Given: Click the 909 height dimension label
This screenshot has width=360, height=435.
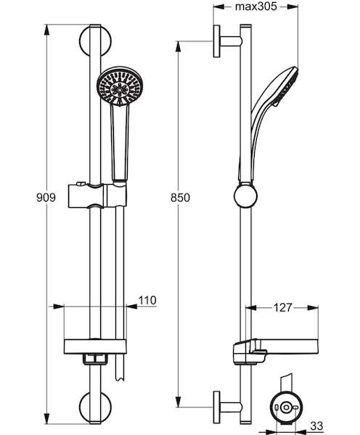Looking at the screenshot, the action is point(46,197).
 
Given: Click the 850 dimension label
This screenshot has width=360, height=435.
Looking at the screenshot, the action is point(180,197).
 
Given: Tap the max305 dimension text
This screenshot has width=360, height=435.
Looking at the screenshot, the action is point(255,7).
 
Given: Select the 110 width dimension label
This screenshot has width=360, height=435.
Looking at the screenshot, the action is point(147,300).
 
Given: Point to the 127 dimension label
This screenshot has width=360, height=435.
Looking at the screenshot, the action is point(283,307).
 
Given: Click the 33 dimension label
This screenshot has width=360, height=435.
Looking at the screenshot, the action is point(316,426).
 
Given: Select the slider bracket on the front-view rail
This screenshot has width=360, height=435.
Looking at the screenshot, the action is point(97,196).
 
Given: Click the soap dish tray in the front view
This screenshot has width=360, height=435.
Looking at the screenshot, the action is point(95,347).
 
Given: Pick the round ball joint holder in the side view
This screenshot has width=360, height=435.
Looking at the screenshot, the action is point(245,196).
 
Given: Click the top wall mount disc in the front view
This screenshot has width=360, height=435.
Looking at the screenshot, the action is point(95,41).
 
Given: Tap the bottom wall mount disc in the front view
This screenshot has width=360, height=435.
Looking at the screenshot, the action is point(95,407).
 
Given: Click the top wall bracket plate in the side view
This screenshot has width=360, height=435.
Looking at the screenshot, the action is point(217,41).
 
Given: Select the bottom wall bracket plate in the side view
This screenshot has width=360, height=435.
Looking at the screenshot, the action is point(217,407).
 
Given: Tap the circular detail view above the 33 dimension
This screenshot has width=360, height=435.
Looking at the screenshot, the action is point(285,407).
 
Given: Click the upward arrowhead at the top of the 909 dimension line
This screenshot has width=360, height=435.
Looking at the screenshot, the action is point(46,30).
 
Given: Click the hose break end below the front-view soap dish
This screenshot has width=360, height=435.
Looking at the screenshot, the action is point(120,378).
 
